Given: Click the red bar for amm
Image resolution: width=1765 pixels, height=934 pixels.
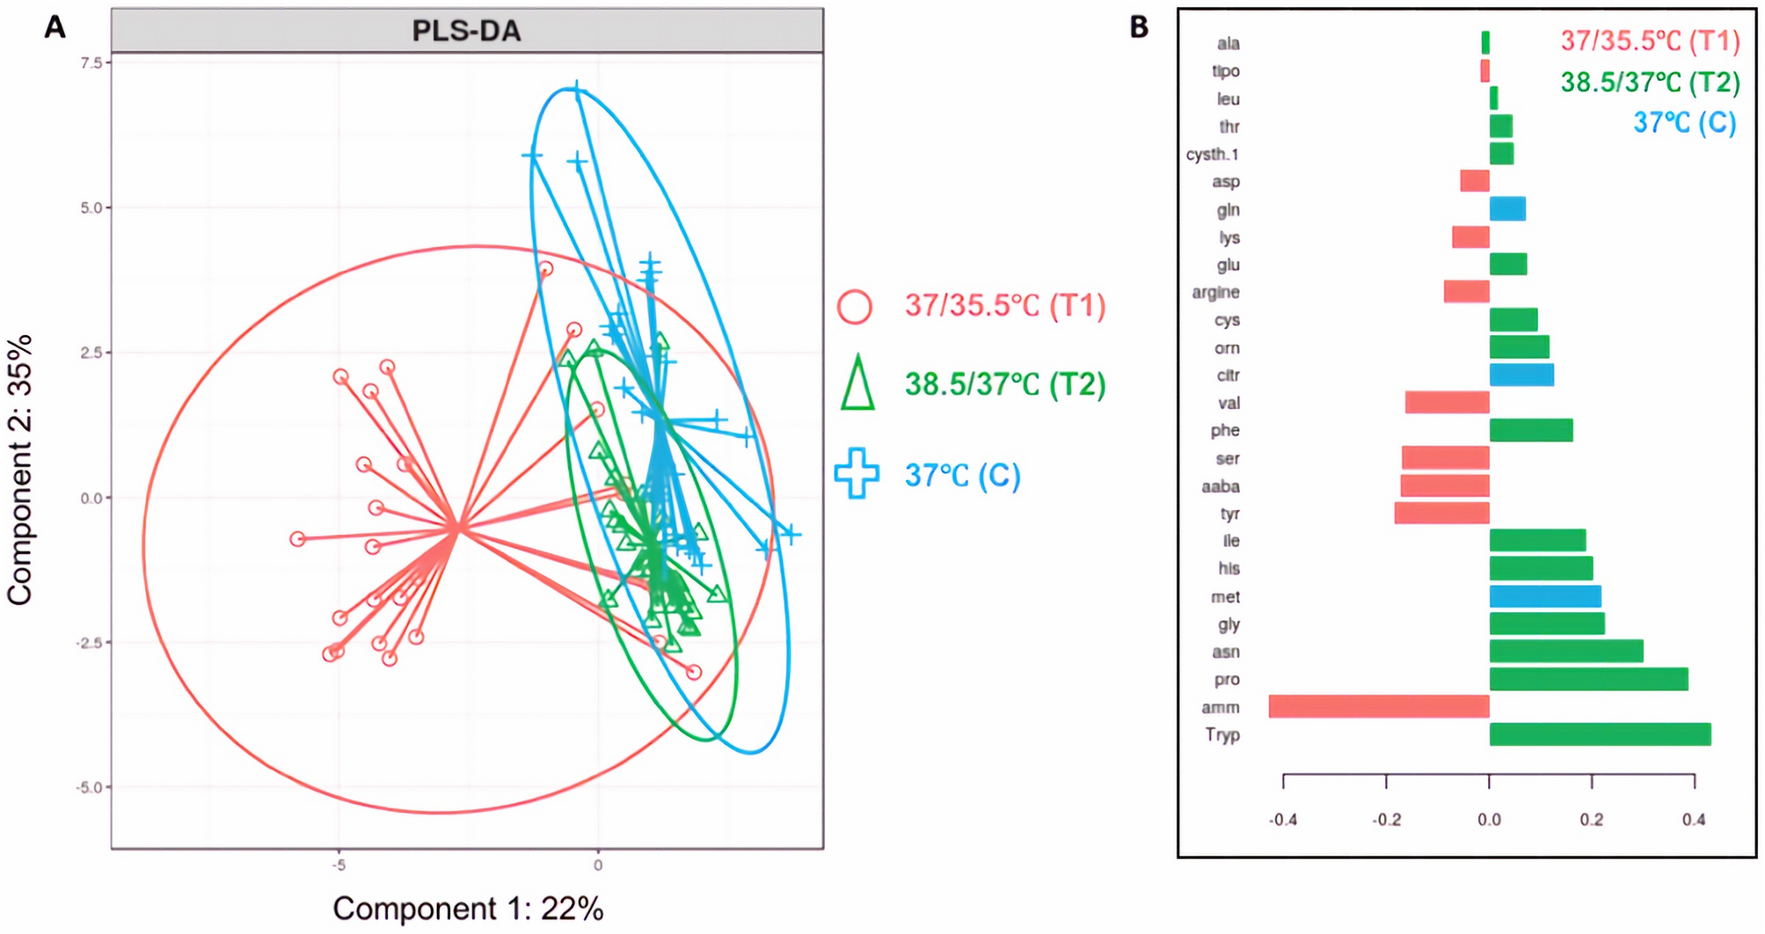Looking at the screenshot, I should point(1378,706).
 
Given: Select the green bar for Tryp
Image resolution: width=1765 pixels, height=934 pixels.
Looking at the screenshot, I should point(1600,734).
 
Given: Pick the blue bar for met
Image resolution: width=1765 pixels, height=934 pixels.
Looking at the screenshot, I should point(1545,596).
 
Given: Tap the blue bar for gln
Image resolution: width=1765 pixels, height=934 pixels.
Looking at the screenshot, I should point(1507,209).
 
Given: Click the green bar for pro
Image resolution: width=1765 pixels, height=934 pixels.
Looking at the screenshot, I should point(1588,679).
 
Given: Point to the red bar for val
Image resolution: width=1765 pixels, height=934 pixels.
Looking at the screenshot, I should point(1447,403).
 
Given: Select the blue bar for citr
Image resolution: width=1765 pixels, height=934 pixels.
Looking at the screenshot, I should point(1521,375).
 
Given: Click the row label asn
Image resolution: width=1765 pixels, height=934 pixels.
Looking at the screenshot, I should point(1225,652).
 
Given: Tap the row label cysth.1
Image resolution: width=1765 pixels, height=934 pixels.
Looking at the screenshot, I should point(1212,154).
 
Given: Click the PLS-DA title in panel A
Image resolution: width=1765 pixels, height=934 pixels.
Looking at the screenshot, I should point(467,32).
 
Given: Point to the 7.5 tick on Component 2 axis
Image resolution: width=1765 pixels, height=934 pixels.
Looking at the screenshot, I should point(91,62).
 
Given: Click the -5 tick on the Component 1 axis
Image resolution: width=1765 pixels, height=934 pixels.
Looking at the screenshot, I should point(339,865).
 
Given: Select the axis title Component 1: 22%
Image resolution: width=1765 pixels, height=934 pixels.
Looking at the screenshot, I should point(468,908).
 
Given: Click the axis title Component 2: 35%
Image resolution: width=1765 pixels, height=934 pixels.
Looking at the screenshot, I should point(20,470).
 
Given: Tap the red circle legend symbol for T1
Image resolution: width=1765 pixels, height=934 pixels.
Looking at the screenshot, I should point(854,307).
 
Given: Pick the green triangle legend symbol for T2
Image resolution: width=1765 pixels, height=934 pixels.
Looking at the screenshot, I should point(857,384).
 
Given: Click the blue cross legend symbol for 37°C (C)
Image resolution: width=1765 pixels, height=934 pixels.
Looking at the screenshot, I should point(857,474).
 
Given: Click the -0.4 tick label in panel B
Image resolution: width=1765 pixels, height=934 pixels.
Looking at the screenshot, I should point(1282,820).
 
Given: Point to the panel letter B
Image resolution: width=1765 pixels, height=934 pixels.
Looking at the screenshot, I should point(1139,27).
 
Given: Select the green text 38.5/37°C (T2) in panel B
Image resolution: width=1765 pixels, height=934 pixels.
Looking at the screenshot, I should point(1650,82).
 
